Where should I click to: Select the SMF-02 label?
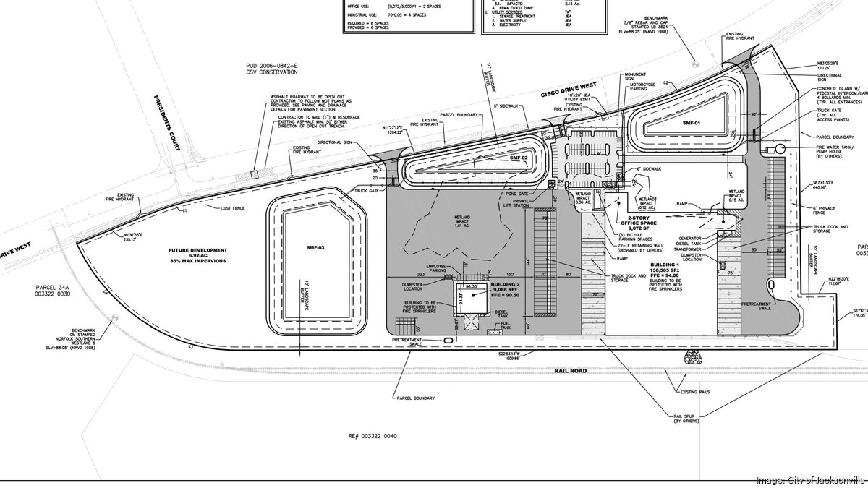519,158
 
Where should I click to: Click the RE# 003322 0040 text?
374,437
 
